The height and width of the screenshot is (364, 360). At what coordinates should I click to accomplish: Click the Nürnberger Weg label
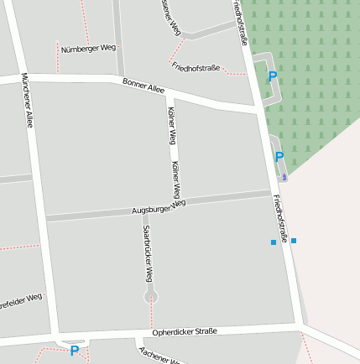(88, 48)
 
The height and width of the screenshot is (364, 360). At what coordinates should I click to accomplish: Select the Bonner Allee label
(143, 85)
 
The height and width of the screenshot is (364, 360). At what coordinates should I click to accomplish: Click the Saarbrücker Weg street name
(147, 252)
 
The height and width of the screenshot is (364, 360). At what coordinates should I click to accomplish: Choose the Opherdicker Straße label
(184, 331)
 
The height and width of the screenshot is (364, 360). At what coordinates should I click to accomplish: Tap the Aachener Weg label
(159, 356)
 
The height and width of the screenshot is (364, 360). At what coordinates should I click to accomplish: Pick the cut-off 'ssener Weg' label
(170, 17)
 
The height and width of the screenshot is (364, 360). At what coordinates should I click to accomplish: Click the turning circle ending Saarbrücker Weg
(151, 296)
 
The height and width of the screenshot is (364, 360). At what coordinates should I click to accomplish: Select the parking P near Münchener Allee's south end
(74, 351)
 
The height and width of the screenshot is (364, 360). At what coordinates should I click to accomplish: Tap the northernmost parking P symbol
(272, 76)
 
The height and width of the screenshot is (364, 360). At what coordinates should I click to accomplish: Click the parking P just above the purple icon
(279, 157)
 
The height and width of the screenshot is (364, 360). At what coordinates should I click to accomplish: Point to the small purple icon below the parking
(284, 176)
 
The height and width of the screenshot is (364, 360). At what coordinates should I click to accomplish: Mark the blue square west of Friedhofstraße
(274, 242)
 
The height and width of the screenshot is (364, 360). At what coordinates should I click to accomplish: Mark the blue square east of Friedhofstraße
(294, 241)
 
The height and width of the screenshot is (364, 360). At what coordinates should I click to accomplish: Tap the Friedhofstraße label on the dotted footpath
(196, 65)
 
